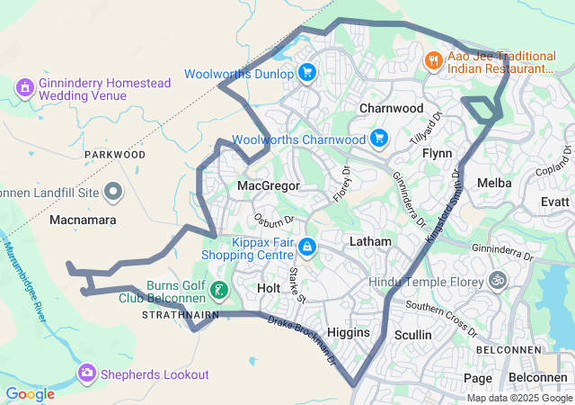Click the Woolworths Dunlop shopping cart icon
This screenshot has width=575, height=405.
click(307, 73)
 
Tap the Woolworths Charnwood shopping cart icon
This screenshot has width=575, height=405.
click(379, 139)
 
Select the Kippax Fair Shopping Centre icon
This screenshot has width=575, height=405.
click(307, 246)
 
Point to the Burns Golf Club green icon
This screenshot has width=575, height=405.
click(219, 290)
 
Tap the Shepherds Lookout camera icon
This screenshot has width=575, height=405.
click(87, 373)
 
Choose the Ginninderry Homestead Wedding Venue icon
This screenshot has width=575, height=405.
click(23, 87)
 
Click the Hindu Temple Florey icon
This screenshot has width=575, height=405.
click(498, 281)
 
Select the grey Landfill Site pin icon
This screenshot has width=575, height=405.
click(113, 191)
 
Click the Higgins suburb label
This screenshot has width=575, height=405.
click(348, 332)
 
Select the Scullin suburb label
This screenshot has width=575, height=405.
click(413, 335)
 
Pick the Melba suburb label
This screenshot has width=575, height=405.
click(494, 183)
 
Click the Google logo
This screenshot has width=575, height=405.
click(30, 393)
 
